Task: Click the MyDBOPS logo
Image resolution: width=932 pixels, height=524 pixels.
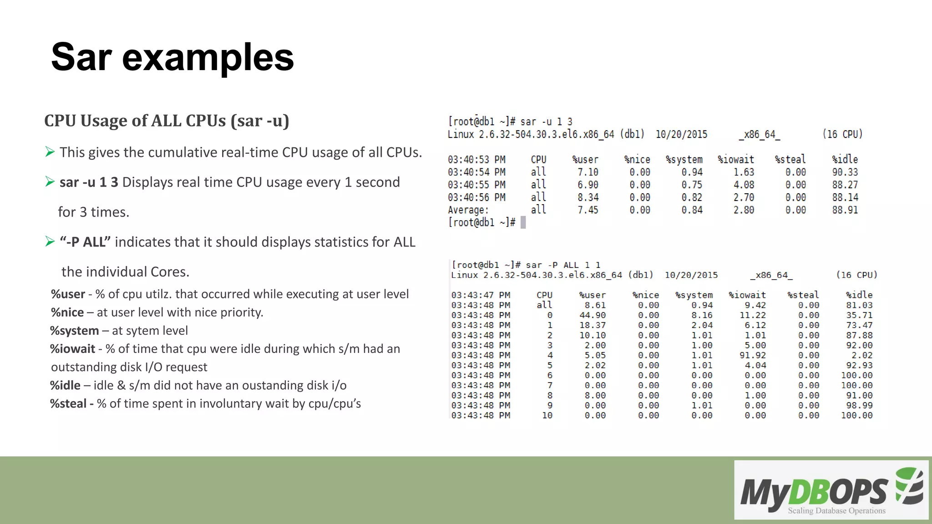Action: click(831, 490)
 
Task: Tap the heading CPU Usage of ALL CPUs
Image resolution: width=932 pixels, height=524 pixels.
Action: click(167, 121)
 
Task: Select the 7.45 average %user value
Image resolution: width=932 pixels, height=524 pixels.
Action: click(588, 210)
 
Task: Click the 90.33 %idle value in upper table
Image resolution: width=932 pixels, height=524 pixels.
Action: click(845, 172)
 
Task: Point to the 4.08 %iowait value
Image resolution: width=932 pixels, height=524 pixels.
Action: click(744, 185)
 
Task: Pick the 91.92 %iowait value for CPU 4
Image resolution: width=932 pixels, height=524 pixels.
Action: click(753, 355)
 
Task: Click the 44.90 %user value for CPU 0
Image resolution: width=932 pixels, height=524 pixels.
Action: click(593, 315)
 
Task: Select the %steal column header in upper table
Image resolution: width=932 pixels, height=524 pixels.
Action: click(790, 160)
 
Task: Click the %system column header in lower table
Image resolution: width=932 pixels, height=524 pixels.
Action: click(694, 295)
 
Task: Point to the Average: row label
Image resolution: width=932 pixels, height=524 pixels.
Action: click(468, 210)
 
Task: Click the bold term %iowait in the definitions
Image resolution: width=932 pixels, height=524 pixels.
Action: click(72, 349)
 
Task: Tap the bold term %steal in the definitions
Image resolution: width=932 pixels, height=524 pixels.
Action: click(68, 403)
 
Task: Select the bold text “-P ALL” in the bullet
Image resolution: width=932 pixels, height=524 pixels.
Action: click(85, 242)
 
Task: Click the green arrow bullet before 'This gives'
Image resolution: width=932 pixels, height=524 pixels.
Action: click(50, 152)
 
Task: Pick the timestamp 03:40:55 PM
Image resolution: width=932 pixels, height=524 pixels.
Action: click(476, 185)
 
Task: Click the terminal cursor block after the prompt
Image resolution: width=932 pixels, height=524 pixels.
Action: click(523, 222)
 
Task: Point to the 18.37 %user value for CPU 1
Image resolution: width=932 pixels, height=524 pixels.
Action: click(593, 325)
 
